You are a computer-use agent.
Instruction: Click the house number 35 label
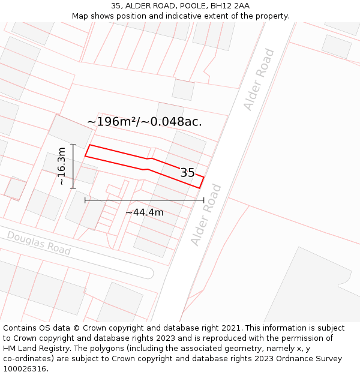188,173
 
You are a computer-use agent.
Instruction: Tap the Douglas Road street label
39,242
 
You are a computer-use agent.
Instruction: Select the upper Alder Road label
259,80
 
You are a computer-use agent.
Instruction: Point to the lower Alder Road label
206,215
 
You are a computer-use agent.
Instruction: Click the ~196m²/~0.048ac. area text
145,121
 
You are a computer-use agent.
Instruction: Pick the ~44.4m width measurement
144,212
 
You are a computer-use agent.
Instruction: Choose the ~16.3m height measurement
61,166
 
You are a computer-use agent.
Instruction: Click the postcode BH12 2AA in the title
230,6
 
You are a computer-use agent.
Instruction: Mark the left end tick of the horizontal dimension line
85,200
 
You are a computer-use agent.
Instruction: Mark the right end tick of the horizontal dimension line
203,200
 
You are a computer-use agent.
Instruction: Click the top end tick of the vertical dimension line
73,145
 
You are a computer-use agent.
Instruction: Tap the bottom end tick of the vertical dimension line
73,188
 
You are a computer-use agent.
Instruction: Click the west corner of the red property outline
85,156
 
